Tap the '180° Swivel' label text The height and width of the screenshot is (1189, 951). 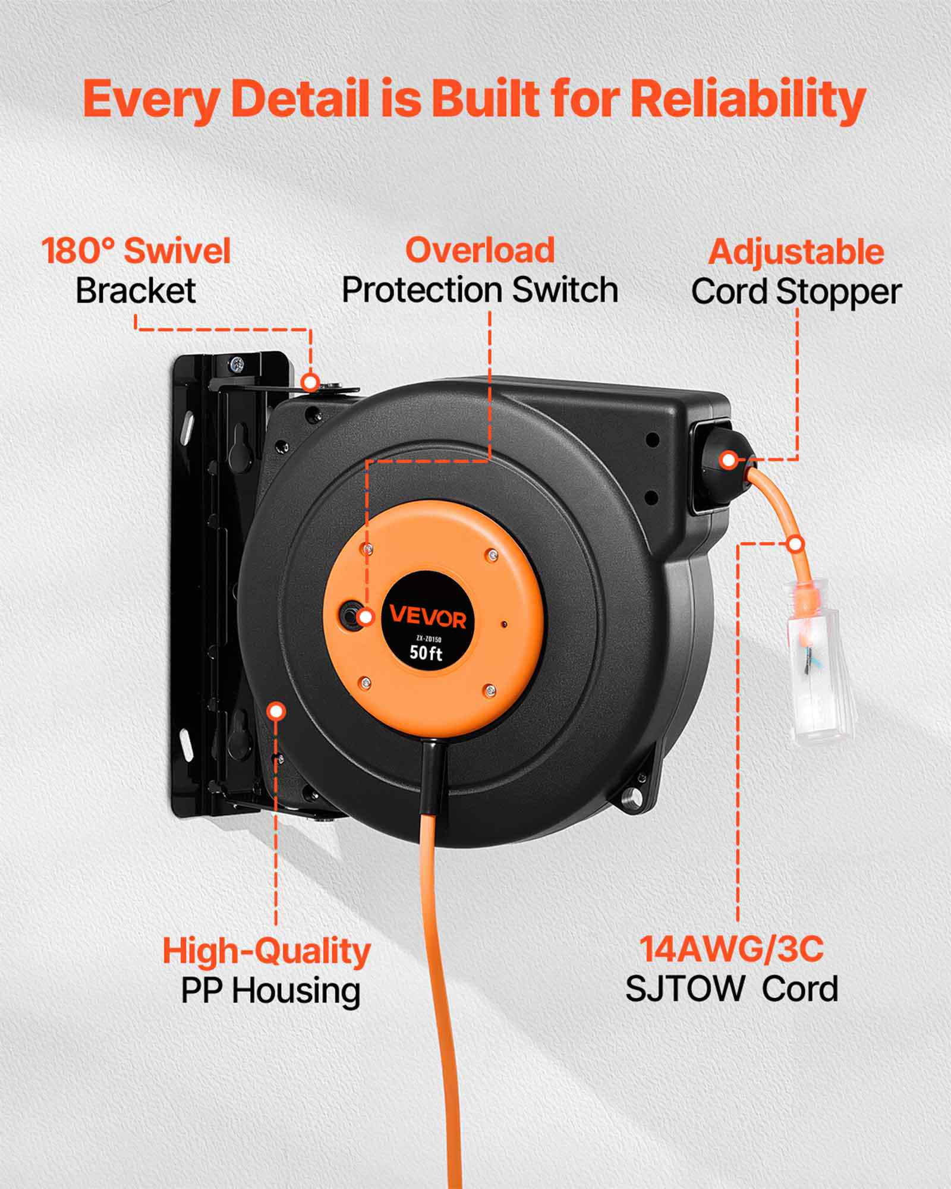[x=136, y=250]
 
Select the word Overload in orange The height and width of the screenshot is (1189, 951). [x=480, y=250]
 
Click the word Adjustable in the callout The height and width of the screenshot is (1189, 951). [x=796, y=251]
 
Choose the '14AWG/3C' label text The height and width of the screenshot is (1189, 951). [x=732, y=948]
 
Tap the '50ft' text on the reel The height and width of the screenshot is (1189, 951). [x=426, y=653]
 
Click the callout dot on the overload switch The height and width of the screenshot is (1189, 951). [x=366, y=616]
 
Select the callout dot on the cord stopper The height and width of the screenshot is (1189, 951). [x=729, y=459]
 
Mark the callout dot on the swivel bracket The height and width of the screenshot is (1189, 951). [x=310, y=382]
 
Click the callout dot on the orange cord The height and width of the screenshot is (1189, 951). [x=795, y=543]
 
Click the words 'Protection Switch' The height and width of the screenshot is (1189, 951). [x=480, y=290]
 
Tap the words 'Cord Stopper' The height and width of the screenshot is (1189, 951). [x=796, y=292]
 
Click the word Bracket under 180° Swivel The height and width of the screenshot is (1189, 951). [x=136, y=291]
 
